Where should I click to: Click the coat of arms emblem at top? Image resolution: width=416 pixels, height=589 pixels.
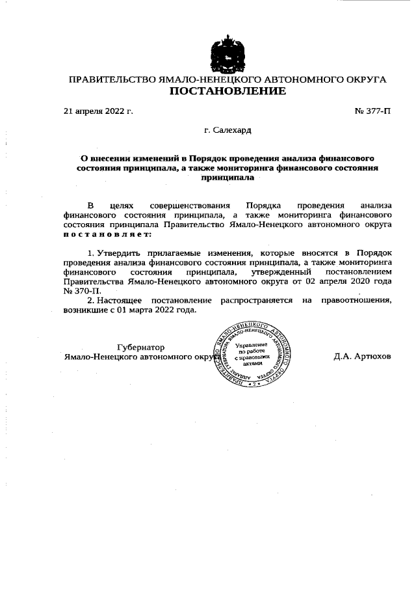click(x=227, y=52)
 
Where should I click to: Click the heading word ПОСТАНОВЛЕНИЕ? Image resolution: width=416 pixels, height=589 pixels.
click(x=227, y=91)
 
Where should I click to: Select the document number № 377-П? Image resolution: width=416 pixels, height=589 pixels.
click(x=373, y=111)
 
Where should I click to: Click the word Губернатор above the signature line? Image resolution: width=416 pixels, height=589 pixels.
click(x=141, y=347)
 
